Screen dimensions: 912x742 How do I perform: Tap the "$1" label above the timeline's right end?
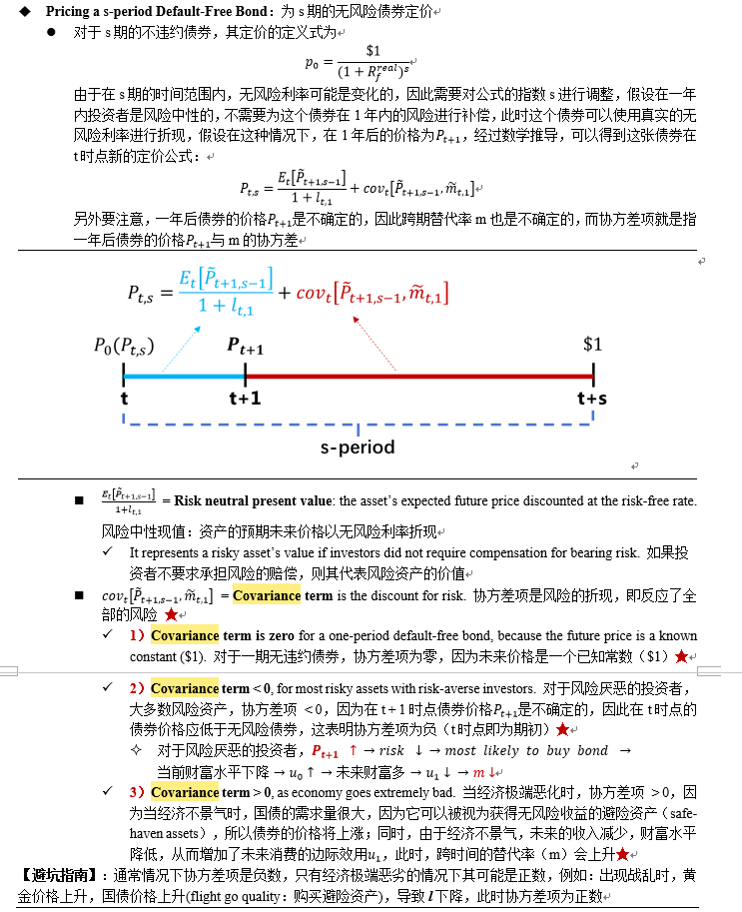point(594,344)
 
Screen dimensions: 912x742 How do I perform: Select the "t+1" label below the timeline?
point(245,398)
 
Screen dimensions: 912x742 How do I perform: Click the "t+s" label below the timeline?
point(593,398)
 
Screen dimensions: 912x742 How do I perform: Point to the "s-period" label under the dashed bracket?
point(358,447)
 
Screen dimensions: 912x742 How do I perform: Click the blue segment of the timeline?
point(184,376)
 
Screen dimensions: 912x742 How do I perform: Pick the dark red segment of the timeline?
point(419,376)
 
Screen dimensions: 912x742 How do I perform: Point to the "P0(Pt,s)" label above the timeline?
point(124,346)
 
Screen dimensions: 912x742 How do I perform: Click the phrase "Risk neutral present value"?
point(255,499)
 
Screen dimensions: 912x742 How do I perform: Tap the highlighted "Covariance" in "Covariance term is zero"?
point(185,635)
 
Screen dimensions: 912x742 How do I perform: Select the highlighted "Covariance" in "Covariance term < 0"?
point(185,688)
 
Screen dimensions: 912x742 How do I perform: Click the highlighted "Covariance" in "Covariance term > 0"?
point(185,791)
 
